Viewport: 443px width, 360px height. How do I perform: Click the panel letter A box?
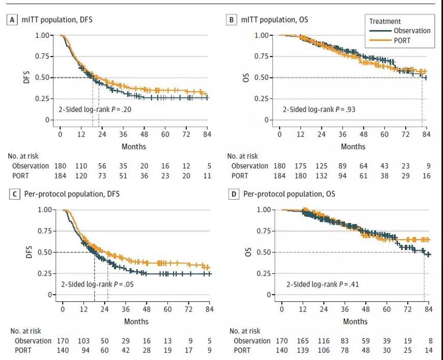10,20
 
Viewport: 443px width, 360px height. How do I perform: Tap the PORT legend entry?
401,40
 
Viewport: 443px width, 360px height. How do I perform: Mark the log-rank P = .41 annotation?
315,284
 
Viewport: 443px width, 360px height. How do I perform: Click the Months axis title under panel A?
134,147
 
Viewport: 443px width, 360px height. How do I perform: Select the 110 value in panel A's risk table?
81,166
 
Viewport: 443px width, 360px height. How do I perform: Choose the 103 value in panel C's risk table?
83,341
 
